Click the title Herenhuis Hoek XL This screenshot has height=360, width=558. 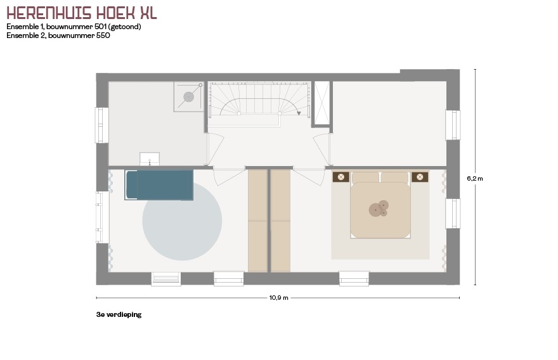82,13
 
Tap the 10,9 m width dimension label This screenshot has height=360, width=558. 278,298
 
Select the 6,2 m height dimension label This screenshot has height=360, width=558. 475,179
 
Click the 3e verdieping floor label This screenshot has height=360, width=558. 119,314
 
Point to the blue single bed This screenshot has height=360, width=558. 159,185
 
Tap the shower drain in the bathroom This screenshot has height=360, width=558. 188,97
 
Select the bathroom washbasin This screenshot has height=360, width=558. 150,159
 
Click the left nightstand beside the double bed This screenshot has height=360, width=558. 341,177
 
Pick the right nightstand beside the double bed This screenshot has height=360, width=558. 420,177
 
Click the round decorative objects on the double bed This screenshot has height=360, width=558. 379,209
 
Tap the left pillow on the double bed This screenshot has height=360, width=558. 365,177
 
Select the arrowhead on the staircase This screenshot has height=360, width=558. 299,113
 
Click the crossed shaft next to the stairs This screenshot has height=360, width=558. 322,103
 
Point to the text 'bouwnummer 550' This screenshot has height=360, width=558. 79,35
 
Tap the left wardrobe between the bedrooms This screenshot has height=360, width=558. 257,221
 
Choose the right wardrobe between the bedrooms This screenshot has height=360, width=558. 281,221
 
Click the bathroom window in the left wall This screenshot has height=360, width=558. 102,125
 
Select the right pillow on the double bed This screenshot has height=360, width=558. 394,177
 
